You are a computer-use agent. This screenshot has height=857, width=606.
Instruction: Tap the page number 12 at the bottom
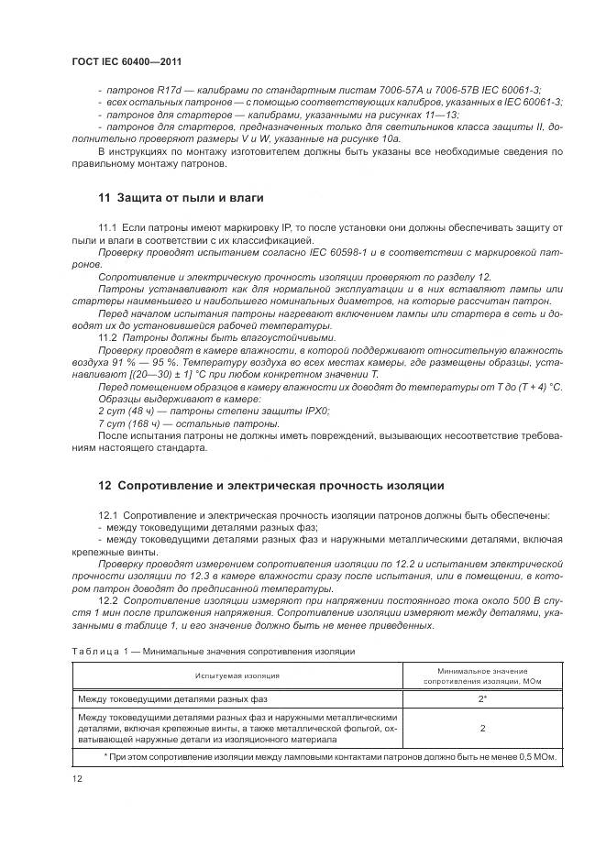pyautogui.click(x=76, y=779)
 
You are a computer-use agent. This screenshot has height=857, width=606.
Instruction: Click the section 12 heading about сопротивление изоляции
pyautogui.click(x=270, y=485)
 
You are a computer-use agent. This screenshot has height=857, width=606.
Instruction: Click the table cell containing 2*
pyautogui.click(x=481, y=698)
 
